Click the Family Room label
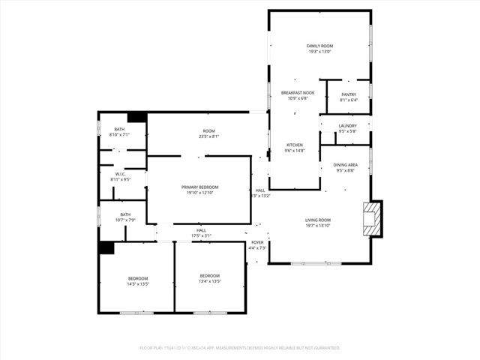319,46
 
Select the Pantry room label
349,94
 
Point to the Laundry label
347,126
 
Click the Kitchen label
295,145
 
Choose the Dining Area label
346,165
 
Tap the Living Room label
318,220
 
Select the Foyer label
257,242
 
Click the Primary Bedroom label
200,187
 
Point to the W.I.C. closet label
121,174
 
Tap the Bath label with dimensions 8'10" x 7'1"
119,130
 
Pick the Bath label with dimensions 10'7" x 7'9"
125,214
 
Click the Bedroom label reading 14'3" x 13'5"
137,279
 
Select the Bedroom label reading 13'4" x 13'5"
210,276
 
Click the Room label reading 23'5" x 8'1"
209,131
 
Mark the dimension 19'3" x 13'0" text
319,52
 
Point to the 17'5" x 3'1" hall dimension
201,235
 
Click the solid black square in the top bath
137,118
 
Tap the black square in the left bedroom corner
106,247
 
